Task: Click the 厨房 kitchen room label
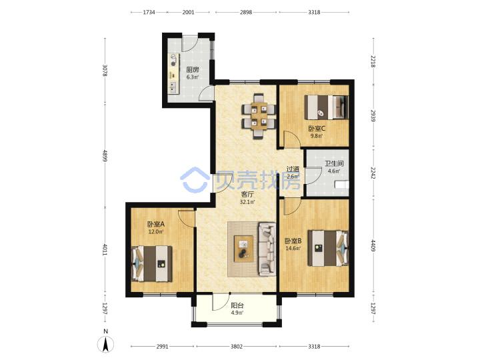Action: pos(193,70)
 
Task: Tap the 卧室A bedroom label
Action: pos(156,224)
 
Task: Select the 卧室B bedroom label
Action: pos(293,241)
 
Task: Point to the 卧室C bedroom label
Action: pos(317,129)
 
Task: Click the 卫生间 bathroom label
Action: pos(334,163)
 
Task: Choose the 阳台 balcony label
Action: pos(237,305)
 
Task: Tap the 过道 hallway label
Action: pos(293,169)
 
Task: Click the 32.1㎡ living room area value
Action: pos(247,202)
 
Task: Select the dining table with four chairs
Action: pos(259,116)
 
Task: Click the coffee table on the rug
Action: pos(244,249)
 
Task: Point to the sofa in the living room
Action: pos(267,249)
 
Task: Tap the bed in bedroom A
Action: pos(152,263)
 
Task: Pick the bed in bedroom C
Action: pos(326,107)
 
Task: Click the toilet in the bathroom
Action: pos(341,185)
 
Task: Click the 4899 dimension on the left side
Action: pos(105,156)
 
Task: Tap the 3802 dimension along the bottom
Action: pos(236,347)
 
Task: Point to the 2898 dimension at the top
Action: pos(246,12)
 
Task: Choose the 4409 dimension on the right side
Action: pos(373,245)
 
